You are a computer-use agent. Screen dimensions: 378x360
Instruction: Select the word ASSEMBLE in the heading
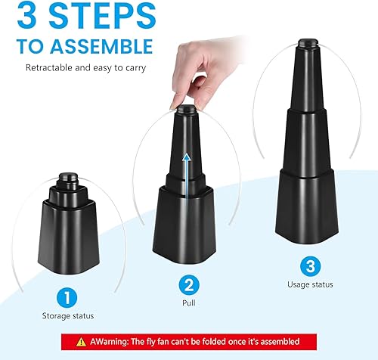(101, 46)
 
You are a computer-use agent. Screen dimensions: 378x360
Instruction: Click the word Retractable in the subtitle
(49, 67)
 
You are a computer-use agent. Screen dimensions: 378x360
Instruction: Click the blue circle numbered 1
(67, 297)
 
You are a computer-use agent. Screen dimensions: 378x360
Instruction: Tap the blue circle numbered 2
(189, 285)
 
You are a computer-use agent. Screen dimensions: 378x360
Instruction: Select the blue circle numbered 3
(311, 266)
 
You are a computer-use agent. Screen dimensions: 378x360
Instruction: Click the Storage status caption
(68, 316)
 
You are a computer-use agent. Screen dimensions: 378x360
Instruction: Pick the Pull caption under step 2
(189, 303)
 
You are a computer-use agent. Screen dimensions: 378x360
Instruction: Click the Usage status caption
(310, 284)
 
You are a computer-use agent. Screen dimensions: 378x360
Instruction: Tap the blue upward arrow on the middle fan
(187, 175)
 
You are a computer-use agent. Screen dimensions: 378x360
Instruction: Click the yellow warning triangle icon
(81, 342)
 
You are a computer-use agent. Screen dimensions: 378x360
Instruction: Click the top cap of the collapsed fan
(68, 176)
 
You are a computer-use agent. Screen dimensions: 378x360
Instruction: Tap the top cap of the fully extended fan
(308, 43)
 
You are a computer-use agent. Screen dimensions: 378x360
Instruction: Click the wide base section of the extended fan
(307, 206)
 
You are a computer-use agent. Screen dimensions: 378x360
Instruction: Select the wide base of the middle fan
(184, 225)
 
